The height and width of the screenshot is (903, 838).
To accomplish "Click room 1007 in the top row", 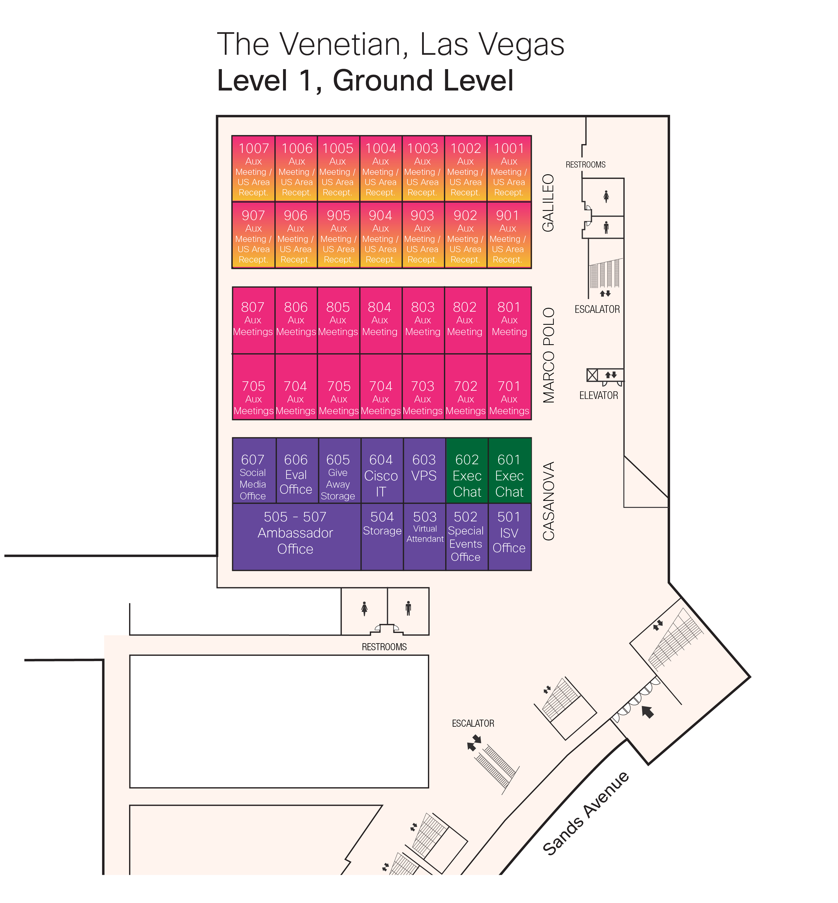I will [x=253, y=169].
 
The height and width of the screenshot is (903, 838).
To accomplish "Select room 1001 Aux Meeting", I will [x=509, y=169].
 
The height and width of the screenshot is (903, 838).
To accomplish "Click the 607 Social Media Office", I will [x=253, y=471].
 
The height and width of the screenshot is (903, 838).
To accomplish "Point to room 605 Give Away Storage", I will [x=338, y=471].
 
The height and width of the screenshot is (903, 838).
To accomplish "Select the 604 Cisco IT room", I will [x=381, y=471].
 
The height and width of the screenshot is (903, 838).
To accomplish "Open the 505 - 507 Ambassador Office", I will [x=296, y=537].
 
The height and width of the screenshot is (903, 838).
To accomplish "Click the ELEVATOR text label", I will [x=599, y=395].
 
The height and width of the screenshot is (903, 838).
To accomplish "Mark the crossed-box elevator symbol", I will [x=592, y=375].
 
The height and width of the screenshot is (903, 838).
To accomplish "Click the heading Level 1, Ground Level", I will [x=365, y=81].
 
